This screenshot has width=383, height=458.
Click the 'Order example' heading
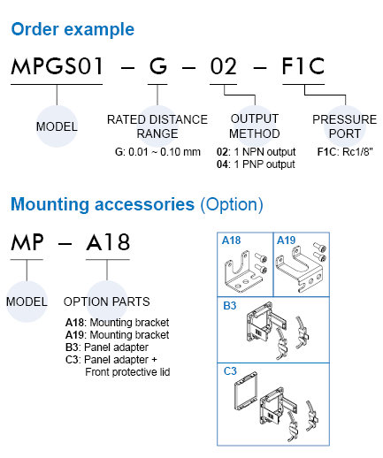[73, 30]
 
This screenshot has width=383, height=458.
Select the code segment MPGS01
[57, 66]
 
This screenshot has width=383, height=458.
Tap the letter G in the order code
[158, 66]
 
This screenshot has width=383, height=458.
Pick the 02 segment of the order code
[224, 66]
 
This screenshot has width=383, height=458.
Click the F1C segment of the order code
[303, 66]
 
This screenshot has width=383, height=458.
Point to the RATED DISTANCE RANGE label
[157, 126]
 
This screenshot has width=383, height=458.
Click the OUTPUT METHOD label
[255, 126]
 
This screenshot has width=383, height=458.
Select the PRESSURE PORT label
[345, 126]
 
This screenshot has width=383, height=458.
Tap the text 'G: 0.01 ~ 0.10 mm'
[157, 152]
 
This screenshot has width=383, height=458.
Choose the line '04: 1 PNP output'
[256, 164]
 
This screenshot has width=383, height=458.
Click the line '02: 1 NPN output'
[256, 152]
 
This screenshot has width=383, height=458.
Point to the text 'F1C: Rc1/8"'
[345, 152]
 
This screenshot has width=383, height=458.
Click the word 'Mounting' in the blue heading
[50, 204]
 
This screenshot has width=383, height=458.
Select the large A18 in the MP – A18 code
[108, 242]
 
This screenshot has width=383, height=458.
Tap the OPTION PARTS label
[107, 302]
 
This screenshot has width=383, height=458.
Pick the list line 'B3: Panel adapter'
[107, 347]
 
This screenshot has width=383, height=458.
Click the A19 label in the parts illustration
[286, 240]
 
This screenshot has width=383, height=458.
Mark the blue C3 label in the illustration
[230, 371]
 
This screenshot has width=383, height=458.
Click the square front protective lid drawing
[246, 391]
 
